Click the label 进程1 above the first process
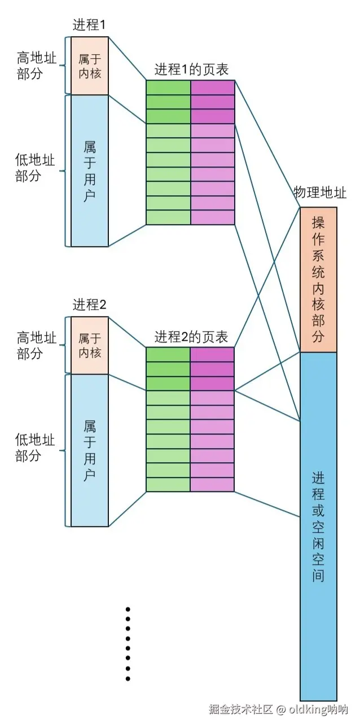[89, 25]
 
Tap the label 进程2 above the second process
[89, 305]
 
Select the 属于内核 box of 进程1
[89, 65]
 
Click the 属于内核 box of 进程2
[89, 345]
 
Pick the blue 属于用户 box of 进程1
[89, 171]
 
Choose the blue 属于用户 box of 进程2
[89, 450]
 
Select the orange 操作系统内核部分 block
[318, 279]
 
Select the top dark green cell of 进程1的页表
[168, 87]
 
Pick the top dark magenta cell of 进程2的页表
[212, 354]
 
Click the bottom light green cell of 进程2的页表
[168, 484]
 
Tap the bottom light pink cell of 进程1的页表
[212, 217]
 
